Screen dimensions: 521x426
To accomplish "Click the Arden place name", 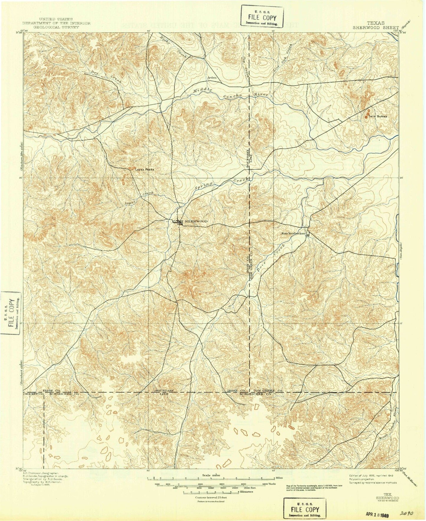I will [x=212, y=78].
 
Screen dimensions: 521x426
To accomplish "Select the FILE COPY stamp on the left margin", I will [x=10, y=313].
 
